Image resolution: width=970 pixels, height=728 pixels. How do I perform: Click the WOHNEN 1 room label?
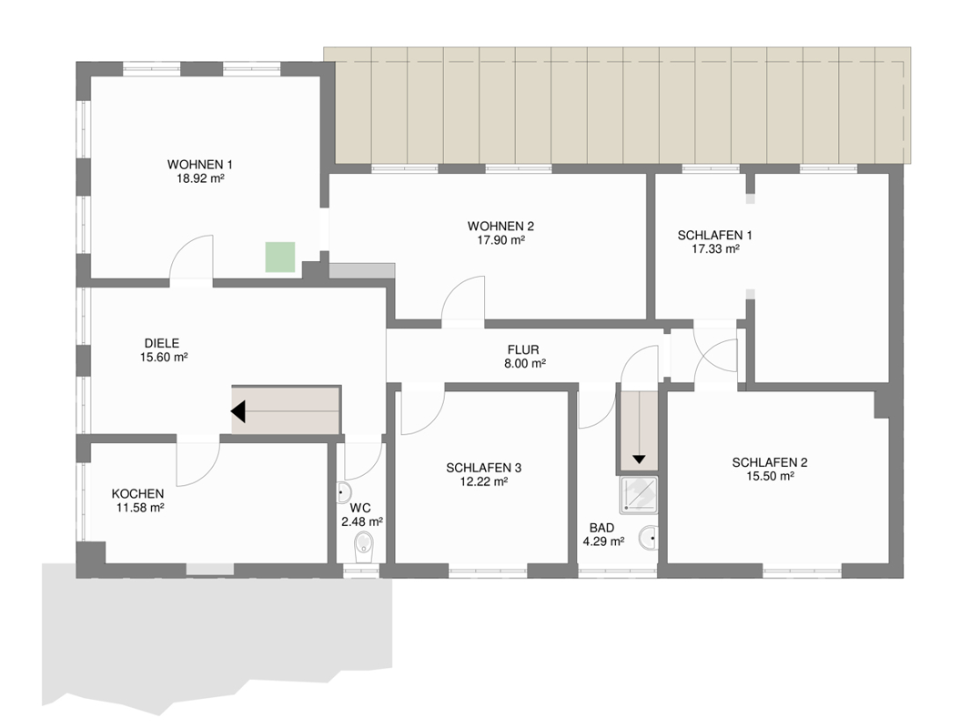click(200, 165)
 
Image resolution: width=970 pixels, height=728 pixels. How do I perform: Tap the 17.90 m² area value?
click(501, 240)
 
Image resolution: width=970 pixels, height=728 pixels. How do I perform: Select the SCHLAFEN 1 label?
click(714, 235)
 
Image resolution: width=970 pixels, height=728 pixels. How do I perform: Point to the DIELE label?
click(162, 343)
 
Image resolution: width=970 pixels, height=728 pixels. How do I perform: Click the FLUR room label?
click(523, 350)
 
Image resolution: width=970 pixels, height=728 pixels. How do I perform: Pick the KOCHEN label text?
click(138, 493)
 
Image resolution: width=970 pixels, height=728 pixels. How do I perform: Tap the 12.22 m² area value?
click(484, 481)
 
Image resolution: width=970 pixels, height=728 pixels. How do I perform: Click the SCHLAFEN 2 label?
click(770, 462)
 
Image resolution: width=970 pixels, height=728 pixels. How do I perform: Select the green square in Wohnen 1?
click(280, 258)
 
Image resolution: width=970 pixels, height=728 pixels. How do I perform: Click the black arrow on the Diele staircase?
click(238, 411)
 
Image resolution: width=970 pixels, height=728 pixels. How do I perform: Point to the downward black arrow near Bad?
click(639, 460)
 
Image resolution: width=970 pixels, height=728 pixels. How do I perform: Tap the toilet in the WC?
click(363, 547)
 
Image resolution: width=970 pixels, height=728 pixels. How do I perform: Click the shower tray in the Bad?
click(639, 494)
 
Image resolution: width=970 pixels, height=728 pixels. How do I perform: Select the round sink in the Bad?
click(648, 538)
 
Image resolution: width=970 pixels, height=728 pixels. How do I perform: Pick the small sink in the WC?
click(343, 492)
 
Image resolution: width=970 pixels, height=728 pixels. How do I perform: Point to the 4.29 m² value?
click(604, 541)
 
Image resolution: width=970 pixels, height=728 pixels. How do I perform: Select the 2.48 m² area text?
click(362, 522)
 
